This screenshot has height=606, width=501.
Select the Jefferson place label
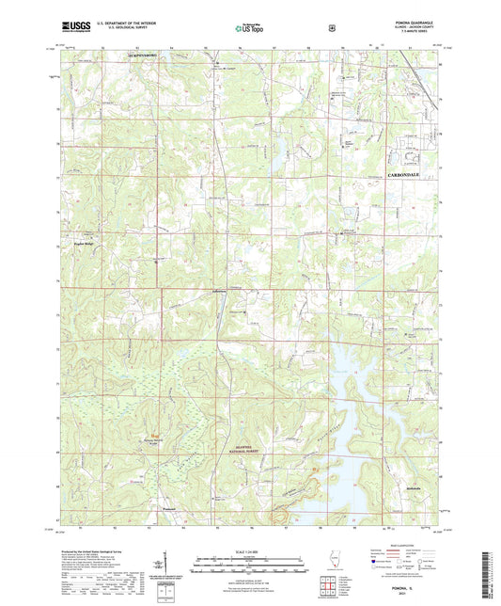(221, 291)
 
